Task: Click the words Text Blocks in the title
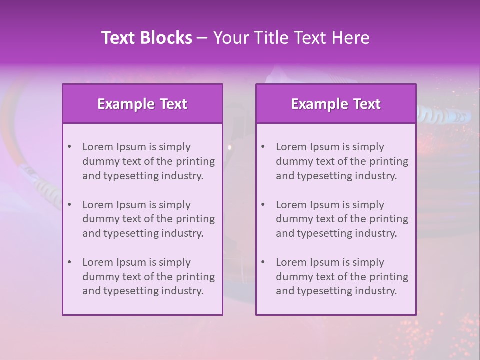pyautogui.click(x=147, y=38)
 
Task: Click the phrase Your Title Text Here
pyautogui.click(x=291, y=38)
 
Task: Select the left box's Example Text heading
pyautogui.click(x=142, y=104)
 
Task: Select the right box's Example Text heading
pyautogui.click(x=336, y=104)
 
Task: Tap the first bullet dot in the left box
pyautogui.click(x=69, y=147)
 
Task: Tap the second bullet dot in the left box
pyautogui.click(x=69, y=205)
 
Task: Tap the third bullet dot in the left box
pyautogui.click(x=69, y=262)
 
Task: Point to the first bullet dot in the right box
pyautogui.click(x=263, y=147)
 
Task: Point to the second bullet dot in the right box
pyautogui.click(x=263, y=205)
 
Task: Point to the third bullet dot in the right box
pyautogui.click(x=263, y=262)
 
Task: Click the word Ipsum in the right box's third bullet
pyautogui.click(x=325, y=262)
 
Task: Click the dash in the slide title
pyautogui.click(x=202, y=38)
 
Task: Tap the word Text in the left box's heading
pyautogui.click(x=173, y=104)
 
